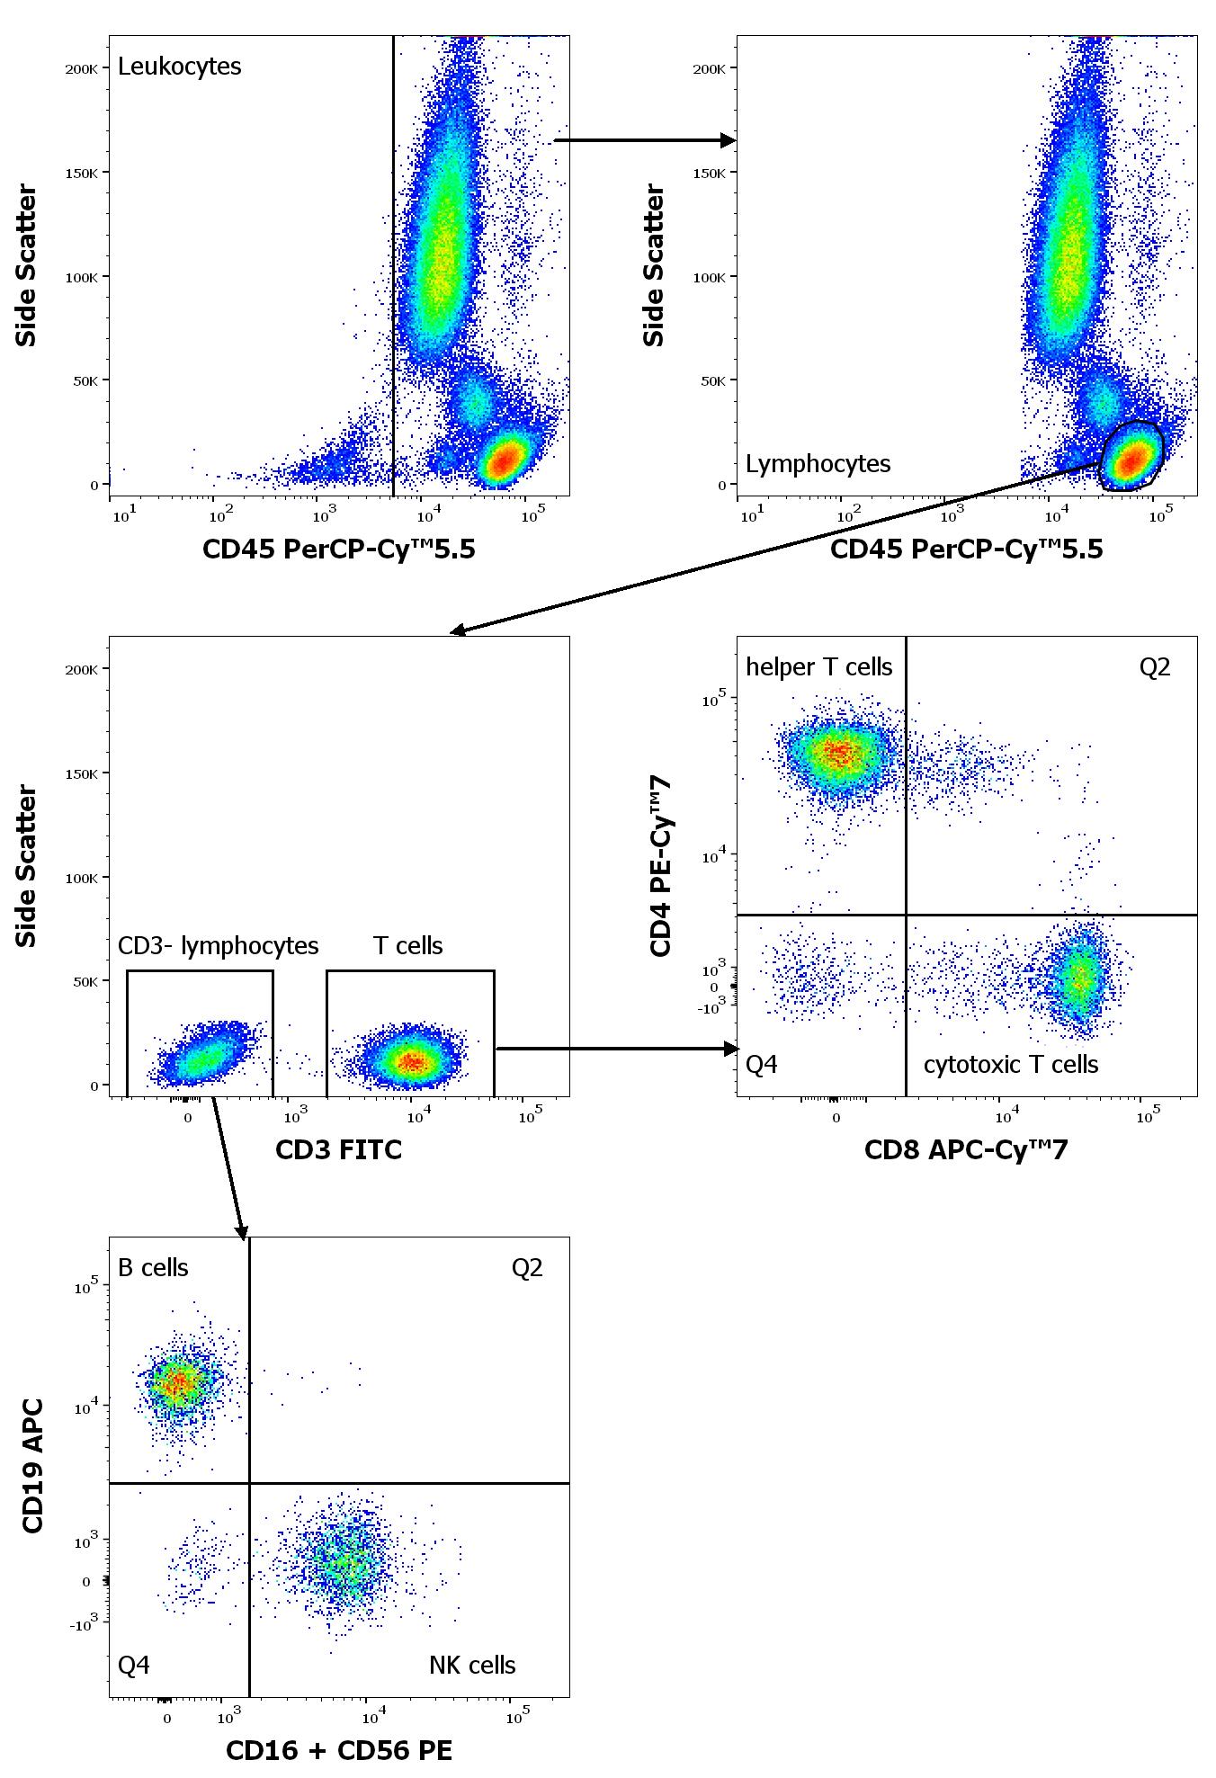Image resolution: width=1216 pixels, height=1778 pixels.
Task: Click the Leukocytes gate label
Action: point(179,67)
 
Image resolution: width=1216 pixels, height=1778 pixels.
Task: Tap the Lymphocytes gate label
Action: point(818,464)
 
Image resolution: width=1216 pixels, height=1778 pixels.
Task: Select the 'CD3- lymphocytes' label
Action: point(218,946)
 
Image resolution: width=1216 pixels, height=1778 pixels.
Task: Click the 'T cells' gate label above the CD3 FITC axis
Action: point(407,946)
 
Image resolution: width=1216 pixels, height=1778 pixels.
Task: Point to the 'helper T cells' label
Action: point(818,667)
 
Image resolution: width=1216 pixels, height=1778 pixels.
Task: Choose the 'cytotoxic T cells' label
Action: point(1010,1065)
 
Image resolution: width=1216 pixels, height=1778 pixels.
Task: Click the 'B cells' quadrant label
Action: point(153,1268)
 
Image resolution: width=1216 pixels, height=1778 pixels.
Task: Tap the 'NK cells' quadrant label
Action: point(472,1666)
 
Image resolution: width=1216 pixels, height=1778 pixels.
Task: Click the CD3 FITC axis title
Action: point(338,1150)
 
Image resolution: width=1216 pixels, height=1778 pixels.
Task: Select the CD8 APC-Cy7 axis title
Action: point(966,1150)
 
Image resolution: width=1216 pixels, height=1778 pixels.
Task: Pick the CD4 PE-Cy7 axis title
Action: point(661,866)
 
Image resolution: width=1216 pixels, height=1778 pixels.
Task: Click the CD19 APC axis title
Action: point(33,1466)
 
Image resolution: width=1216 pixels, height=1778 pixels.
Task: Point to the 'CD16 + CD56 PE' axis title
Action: point(338,1751)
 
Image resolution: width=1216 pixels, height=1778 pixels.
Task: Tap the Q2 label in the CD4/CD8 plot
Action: point(1155,667)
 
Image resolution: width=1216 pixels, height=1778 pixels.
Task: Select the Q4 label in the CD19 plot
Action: point(134,1666)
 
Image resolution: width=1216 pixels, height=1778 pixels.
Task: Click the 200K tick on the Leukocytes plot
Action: point(81,69)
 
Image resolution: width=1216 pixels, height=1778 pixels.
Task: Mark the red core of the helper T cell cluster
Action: point(838,751)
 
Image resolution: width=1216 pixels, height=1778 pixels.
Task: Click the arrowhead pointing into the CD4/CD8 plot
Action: point(730,1049)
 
